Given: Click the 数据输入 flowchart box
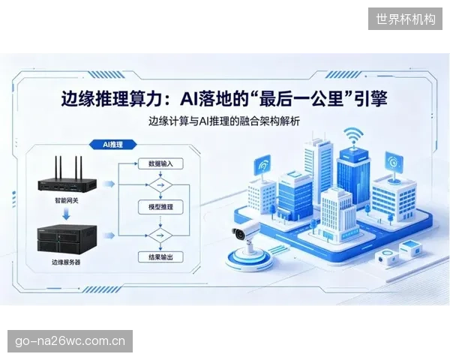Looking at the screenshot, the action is tap(160, 164).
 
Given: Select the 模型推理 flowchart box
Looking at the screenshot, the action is tap(160, 207).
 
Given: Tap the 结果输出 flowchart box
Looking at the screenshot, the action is tap(160, 257).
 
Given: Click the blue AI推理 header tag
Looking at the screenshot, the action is tap(112, 145).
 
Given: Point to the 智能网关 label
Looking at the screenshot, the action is tap(67, 200).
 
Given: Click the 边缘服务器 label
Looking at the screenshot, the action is tap(66, 262).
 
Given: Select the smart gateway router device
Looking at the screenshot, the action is tap(67, 178).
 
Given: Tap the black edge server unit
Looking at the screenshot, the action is tap(67, 240).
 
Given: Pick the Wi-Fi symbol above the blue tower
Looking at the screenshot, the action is tap(353, 136).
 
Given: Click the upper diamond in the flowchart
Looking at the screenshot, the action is tap(160, 185).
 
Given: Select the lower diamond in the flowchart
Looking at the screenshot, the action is tap(160, 235).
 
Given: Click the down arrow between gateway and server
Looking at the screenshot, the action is tap(67, 214).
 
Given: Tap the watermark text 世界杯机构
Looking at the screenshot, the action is tap(406, 19).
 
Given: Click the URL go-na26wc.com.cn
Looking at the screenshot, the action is tap(70, 341).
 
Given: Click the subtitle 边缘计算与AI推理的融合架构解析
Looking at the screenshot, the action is tap(224, 121).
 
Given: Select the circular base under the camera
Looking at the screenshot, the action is tap(248, 259).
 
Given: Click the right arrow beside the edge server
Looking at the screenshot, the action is tap(109, 235).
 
